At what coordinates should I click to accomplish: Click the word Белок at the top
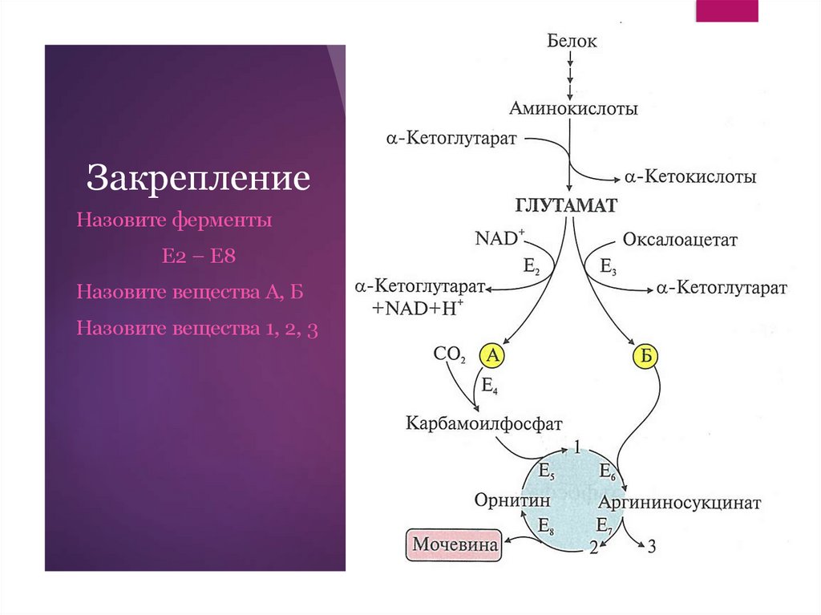point(572,40)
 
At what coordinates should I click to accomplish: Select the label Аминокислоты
point(573,108)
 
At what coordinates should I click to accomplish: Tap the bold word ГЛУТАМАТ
point(565,206)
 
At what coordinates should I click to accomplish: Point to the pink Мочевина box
point(454,545)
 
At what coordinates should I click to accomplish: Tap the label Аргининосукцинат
point(678,504)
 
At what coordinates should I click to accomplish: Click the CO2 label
point(449,353)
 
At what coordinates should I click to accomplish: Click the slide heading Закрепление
point(198,178)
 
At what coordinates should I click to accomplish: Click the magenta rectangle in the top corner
point(726,10)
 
